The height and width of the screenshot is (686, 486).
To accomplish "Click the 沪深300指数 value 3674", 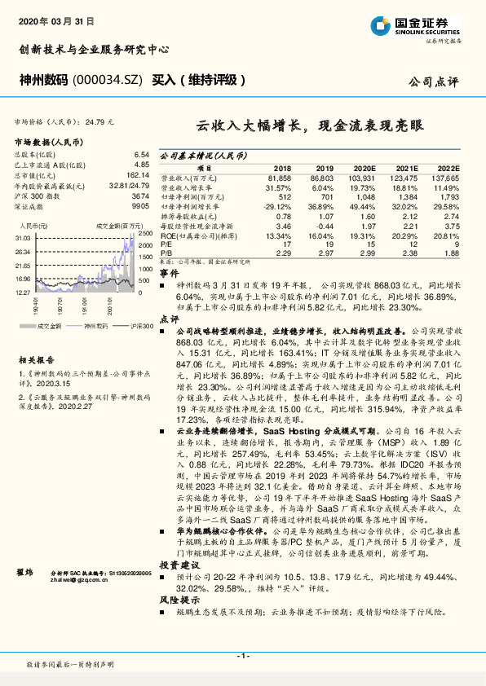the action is pyautogui.click(x=140, y=196).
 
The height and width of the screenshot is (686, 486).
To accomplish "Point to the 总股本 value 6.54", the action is pyautogui.click(x=142, y=154).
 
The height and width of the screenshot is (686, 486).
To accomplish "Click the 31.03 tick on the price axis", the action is pyautogui.click(x=22, y=237).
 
